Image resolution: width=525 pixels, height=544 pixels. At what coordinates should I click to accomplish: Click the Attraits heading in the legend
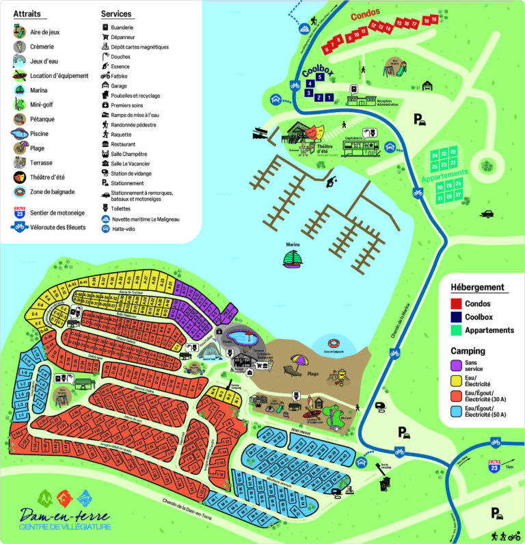tap(27, 13)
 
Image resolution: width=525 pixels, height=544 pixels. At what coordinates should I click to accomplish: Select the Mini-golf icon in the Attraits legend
tap(20, 104)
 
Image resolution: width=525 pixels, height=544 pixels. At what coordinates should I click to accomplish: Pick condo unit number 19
tap(433, 19)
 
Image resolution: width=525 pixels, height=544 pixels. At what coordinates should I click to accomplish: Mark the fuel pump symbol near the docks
tap(333, 180)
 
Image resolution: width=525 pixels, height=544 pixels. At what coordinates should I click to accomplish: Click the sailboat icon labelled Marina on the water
tap(293, 258)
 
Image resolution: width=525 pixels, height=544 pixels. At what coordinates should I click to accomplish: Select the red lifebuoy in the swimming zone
tap(334, 343)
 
